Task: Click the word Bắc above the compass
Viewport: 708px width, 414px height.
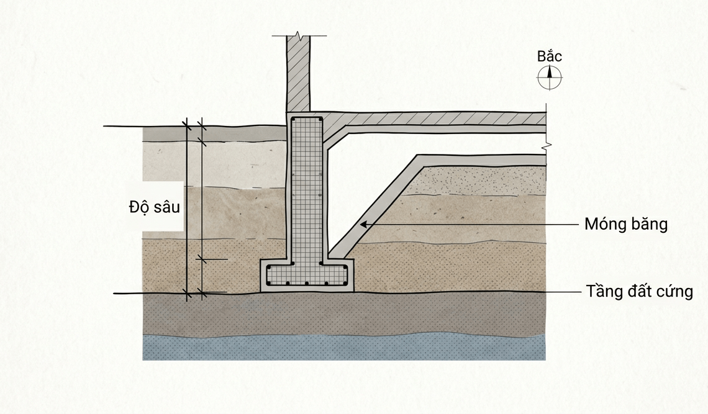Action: [550, 56]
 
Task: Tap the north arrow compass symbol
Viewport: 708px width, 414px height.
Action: [550, 77]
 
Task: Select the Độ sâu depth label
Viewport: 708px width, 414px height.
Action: [155, 206]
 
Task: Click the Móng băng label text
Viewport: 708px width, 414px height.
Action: [626, 224]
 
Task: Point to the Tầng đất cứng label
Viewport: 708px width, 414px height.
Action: [639, 291]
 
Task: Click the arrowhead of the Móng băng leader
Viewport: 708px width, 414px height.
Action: [364, 224]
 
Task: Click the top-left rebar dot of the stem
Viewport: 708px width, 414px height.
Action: [294, 120]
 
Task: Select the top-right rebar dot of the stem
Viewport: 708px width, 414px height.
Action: [320, 120]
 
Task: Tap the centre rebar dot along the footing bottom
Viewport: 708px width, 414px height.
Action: [307, 284]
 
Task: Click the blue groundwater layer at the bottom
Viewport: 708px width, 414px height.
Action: [344, 348]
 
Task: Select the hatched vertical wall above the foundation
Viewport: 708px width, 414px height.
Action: [298, 74]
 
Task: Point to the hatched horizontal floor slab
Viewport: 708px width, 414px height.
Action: [433, 119]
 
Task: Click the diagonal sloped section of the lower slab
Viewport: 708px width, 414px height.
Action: [373, 205]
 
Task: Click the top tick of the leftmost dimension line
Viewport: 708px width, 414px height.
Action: [186, 125]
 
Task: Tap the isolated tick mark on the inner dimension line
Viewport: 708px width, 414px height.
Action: [201, 259]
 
